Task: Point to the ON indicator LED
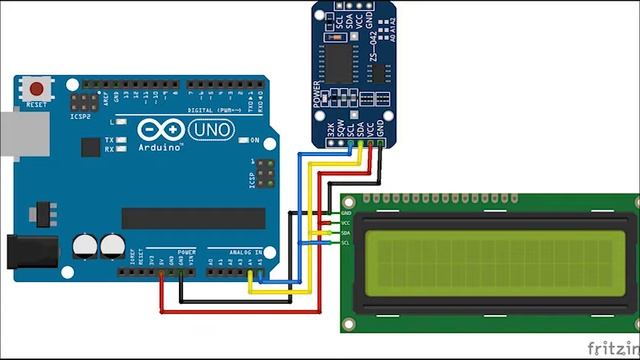242,139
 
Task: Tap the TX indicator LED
120,139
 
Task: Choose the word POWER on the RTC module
317,93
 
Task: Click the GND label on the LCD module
346,213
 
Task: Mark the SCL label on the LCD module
346,243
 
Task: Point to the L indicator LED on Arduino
120,123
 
